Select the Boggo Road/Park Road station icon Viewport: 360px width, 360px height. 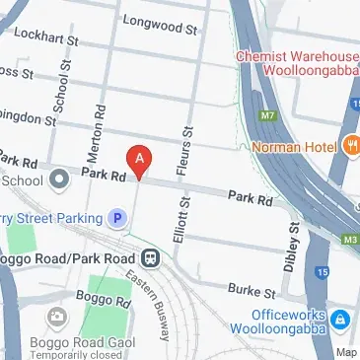coord(150,258)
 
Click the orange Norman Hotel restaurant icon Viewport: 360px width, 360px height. coord(352,149)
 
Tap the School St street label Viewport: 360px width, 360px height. coord(62,88)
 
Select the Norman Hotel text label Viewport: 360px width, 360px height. coord(293,150)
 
